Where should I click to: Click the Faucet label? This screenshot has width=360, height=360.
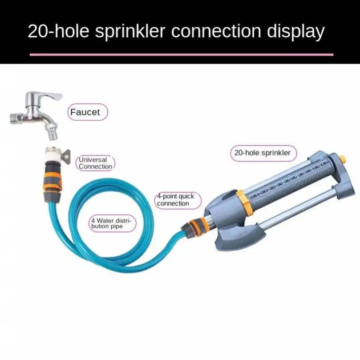pyautogui.click(x=85, y=112)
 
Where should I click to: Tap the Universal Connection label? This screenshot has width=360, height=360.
pyautogui.click(x=94, y=163)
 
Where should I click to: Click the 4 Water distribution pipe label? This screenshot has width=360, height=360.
pyautogui.click(x=112, y=223)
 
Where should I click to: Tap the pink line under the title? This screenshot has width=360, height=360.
pyautogui.click(x=181, y=54)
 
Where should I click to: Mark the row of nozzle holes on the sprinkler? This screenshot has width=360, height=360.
pyautogui.click(x=290, y=178)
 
